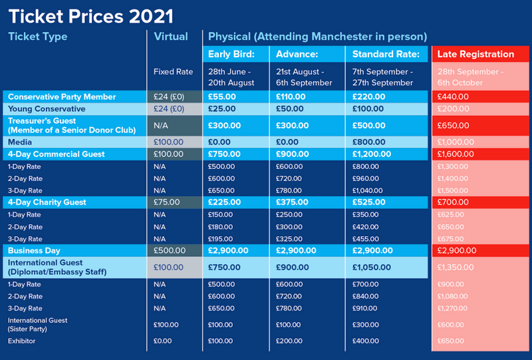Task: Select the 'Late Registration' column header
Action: [475, 55]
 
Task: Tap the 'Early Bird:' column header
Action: [229, 55]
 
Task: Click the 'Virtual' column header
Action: [170, 37]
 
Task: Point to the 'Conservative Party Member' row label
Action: [62, 96]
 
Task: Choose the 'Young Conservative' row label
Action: [47, 108]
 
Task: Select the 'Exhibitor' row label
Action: [21, 341]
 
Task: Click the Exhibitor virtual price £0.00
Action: [162, 341]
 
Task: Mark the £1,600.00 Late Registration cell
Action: [456, 154]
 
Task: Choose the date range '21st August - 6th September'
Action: [303, 77]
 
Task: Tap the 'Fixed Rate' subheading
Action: [173, 72]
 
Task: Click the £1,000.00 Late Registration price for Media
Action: [456, 142]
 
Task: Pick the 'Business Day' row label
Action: [34, 250]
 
